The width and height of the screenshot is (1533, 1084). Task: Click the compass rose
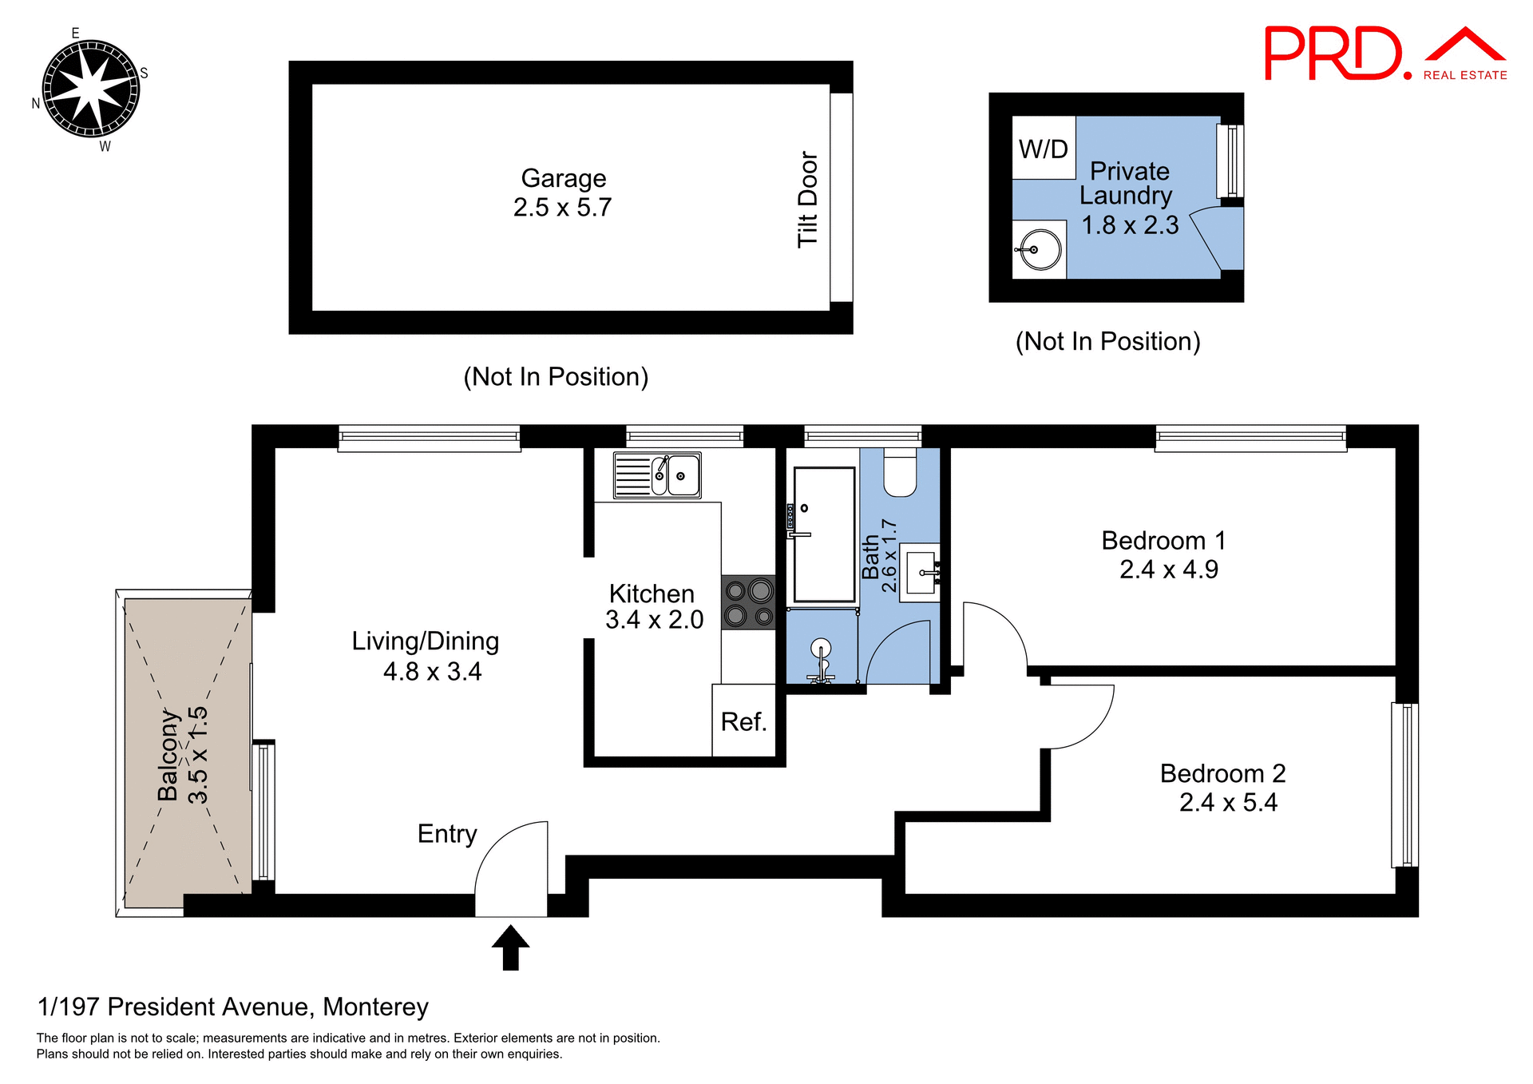click(x=90, y=89)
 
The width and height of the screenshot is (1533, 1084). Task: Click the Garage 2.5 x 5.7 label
click(x=563, y=193)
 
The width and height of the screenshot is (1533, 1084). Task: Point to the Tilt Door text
click(x=807, y=200)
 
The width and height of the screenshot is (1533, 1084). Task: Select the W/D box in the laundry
click(x=1043, y=149)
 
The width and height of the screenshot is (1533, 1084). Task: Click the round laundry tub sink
click(x=1040, y=250)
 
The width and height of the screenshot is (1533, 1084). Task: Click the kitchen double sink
click(x=657, y=475)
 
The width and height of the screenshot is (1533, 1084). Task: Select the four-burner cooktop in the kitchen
click(x=748, y=603)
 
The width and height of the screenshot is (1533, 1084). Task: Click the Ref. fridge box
click(x=743, y=721)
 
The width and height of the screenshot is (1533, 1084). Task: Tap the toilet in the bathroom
click(x=900, y=474)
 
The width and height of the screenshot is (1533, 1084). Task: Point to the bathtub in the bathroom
click(x=824, y=534)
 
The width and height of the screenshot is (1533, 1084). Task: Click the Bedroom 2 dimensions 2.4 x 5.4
click(x=1228, y=802)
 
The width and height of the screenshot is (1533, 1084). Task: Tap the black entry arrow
click(x=510, y=947)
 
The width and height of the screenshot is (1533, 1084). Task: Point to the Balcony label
click(x=168, y=755)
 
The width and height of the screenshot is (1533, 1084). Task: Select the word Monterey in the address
click(x=375, y=1007)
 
